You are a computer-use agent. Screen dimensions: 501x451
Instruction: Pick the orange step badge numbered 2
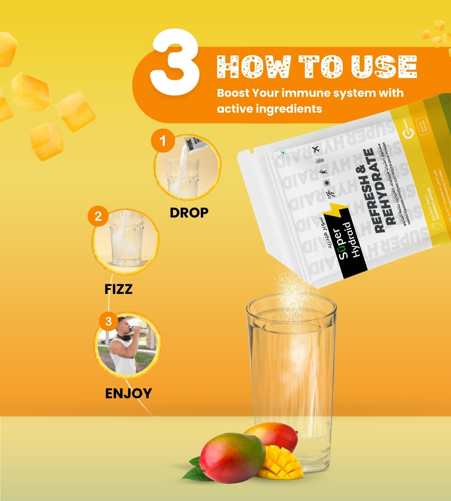pos(98,216)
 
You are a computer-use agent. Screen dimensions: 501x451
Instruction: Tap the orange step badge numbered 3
pos(109,321)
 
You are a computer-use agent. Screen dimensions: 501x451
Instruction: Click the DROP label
pos(189,213)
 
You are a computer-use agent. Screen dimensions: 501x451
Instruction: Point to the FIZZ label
pos(119,289)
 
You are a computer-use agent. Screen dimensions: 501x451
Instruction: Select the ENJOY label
pos(128,393)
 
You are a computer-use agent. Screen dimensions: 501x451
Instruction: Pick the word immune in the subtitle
pos(306,93)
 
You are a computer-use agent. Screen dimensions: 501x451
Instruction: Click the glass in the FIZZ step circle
pos(127,242)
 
